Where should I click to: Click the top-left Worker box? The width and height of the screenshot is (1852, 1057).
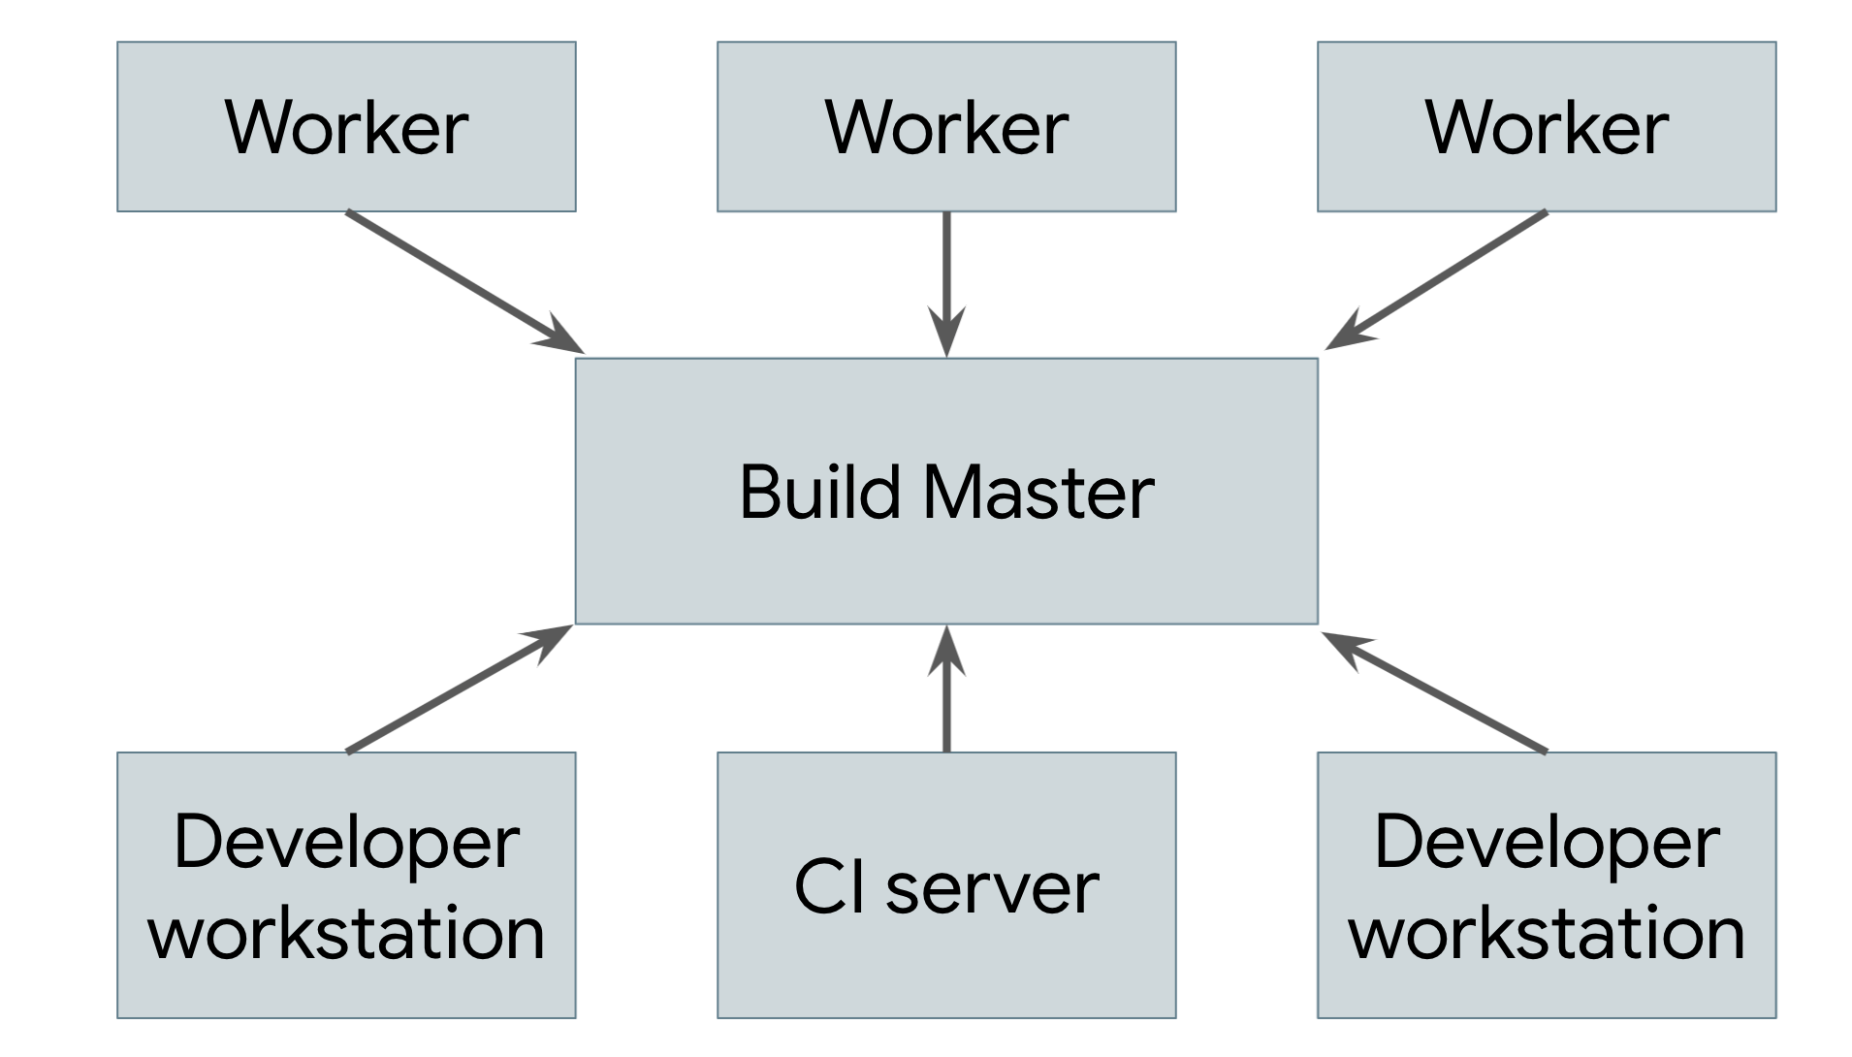(346, 127)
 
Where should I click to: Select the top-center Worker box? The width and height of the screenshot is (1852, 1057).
(946, 127)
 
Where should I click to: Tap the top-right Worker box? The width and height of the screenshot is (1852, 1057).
(1546, 127)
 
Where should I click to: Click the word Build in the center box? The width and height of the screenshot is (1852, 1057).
(819, 493)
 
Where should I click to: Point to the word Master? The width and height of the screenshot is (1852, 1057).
(1038, 493)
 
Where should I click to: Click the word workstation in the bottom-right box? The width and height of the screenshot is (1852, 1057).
(1546, 934)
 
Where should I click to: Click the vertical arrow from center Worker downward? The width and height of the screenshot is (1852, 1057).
(946, 272)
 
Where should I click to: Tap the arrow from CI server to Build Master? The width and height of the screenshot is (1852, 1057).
(946, 698)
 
